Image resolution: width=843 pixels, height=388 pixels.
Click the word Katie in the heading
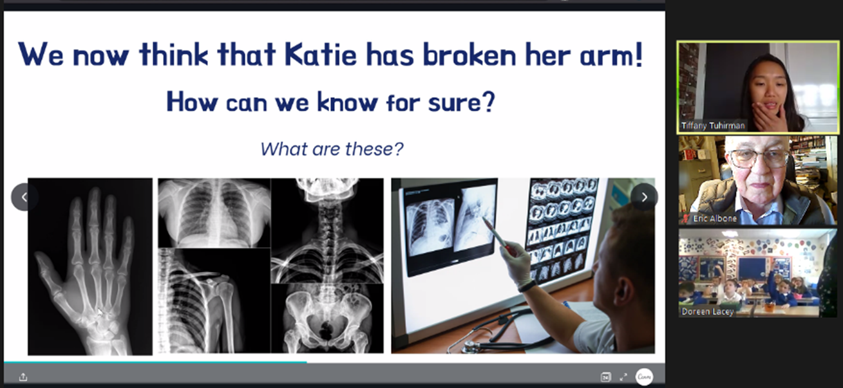320,55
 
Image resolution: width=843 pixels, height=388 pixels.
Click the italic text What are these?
332,149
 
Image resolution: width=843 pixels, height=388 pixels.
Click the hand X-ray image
90,266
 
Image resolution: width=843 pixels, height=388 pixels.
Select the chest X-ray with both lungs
214,213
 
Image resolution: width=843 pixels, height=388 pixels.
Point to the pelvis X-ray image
327,319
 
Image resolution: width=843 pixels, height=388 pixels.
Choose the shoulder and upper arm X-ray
214,300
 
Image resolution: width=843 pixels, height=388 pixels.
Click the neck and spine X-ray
327,231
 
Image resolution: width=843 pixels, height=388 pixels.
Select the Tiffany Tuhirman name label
713,125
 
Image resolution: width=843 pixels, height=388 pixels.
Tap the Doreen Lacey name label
708,311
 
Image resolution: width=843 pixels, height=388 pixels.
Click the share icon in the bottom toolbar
23,376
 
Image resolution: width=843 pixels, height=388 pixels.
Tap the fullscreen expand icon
623,376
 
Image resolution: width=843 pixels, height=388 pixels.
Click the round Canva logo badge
644,376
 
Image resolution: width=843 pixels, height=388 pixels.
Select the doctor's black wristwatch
527,286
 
